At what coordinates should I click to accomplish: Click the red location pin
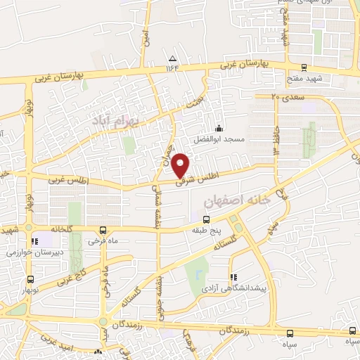coord(181,165)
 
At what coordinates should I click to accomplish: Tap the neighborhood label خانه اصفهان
coord(236,201)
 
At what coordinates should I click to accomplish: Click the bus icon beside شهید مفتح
coord(304,68)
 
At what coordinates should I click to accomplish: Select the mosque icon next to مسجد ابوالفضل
coord(219,128)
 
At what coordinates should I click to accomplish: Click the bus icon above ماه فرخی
coord(103,230)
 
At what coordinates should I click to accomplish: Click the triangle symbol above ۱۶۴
coord(173,58)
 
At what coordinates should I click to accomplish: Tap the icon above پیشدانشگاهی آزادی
coord(233,277)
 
